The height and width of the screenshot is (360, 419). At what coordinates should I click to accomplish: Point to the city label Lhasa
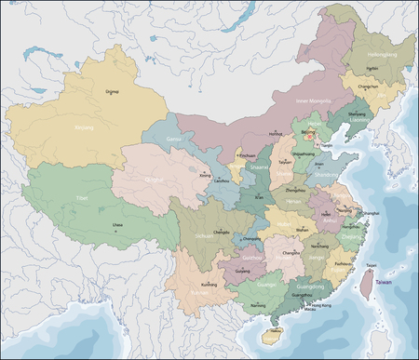pos(117,224)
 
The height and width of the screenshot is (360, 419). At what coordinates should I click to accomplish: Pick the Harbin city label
pos(372,68)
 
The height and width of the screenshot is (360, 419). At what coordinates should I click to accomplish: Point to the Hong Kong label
pos(323,305)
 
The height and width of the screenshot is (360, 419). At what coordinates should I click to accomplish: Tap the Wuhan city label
pos(301,228)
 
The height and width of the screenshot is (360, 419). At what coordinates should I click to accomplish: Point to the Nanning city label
pos(258,304)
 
